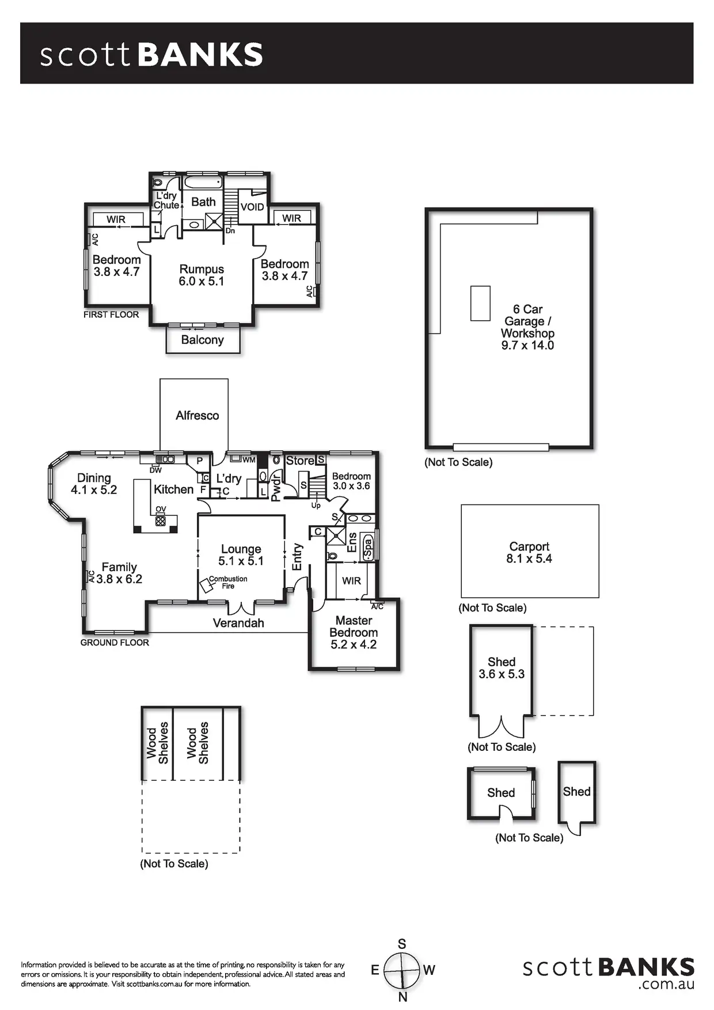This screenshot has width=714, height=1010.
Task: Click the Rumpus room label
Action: tap(202, 269)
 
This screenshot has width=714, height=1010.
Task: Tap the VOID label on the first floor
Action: tap(252, 207)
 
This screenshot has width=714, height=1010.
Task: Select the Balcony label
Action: tap(202, 340)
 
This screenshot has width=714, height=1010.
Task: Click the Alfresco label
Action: tap(197, 415)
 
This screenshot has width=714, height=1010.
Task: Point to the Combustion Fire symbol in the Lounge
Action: tap(206, 587)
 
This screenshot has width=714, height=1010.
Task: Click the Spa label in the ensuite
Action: tap(367, 548)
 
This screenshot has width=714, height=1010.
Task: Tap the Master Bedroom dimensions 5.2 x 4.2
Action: tap(354, 644)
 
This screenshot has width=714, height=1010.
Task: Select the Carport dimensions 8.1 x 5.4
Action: tap(529, 559)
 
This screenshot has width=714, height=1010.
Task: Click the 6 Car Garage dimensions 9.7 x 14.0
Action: tap(527, 345)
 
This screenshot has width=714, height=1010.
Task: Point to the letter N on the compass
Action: tap(402, 997)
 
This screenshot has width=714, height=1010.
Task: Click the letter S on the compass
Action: tap(402, 944)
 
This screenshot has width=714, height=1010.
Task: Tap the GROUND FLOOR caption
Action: tap(115, 643)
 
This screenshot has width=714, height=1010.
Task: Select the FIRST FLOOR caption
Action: tap(111, 314)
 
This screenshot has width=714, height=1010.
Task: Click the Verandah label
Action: tap(238, 623)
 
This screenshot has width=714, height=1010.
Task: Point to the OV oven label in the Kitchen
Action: tap(161, 509)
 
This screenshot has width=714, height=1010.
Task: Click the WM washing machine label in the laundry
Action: tap(249, 460)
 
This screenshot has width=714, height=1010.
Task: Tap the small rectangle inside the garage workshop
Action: tap(480, 303)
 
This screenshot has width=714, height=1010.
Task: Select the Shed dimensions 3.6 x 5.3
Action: tap(502, 674)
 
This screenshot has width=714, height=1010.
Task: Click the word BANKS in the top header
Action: tap(200, 55)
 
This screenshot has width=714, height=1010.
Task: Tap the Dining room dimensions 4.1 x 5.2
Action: tap(94, 490)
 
